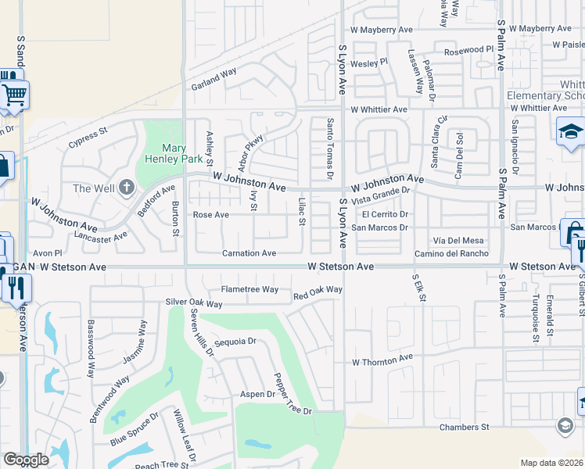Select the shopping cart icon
[x=13, y=95]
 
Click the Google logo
[x=26, y=460]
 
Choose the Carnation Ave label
[x=249, y=253]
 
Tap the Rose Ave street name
[x=210, y=214]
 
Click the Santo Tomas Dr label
[x=330, y=147]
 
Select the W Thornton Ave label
[x=382, y=360]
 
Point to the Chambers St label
[x=464, y=427]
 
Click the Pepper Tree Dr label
[x=292, y=395]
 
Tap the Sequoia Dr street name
[x=235, y=342]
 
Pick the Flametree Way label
[x=249, y=289]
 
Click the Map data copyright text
[x=551, y=463]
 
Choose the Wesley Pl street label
[x=368, y=63]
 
